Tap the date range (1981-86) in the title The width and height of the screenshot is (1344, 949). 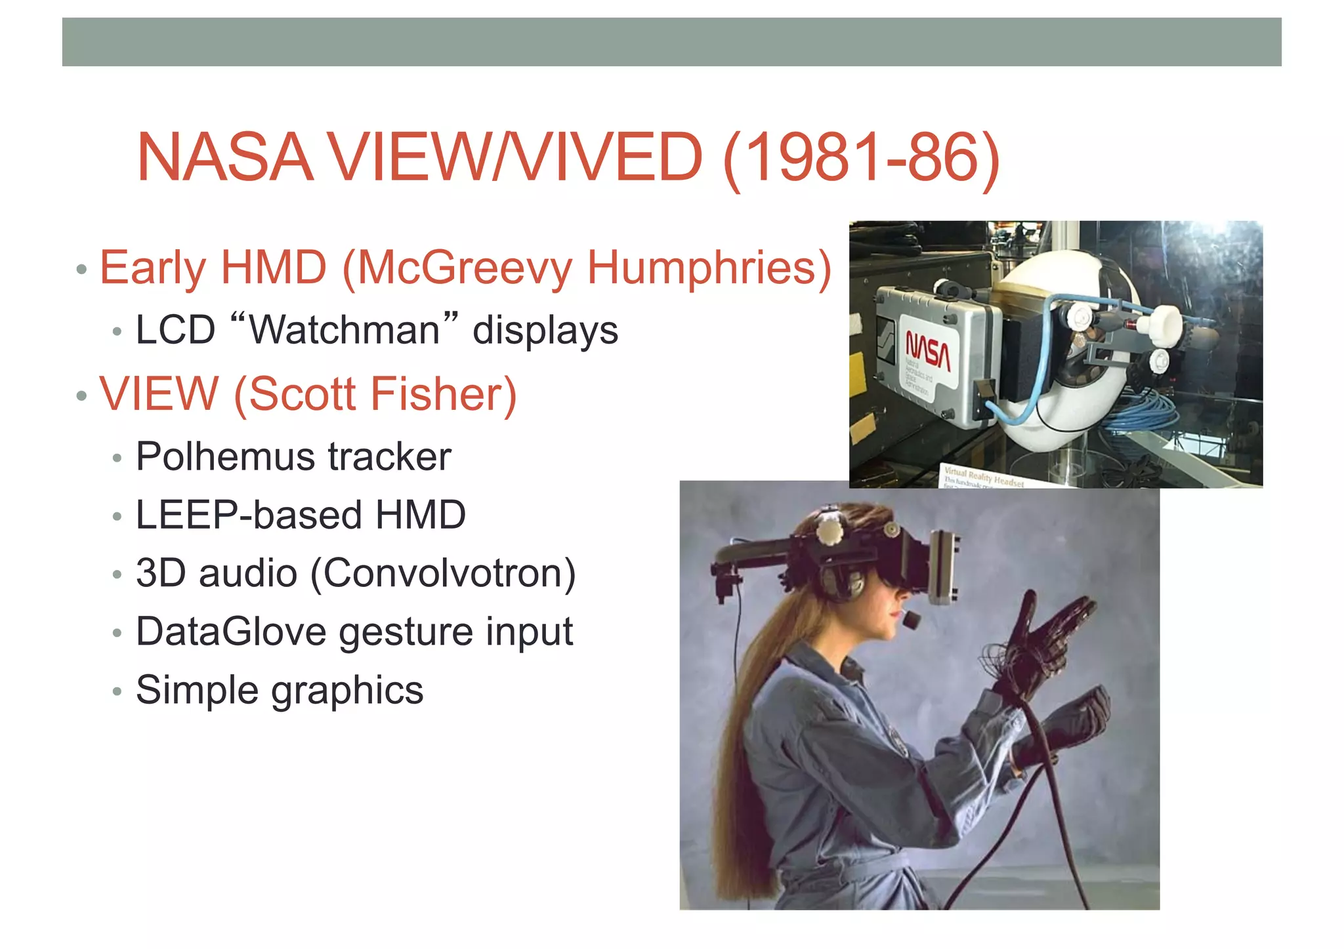[x=861, y=158]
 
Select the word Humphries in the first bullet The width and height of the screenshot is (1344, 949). [x=709, y=268]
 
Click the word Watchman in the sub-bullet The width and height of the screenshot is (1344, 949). [x=345, y=329]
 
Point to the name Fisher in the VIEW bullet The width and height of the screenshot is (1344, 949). [x=444, y=394]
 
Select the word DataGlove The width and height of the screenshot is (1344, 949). [x=231, y=632]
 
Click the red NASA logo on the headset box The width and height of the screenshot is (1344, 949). [x=928, y=351]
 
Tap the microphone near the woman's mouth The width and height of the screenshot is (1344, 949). [x=911, y=620]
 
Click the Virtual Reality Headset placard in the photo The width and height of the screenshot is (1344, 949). [x=983, y=477]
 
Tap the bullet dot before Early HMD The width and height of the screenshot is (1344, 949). [x=81, y=269]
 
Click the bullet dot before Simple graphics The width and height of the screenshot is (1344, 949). [x=117, y=692]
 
